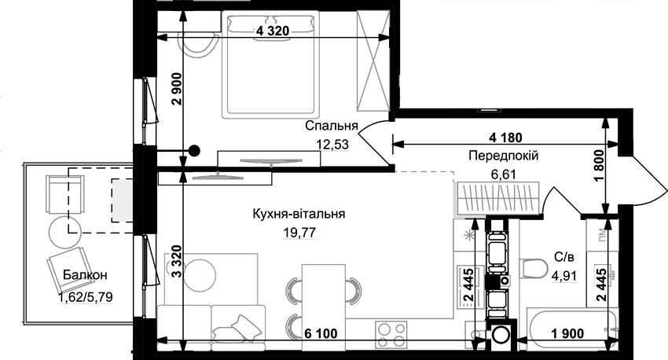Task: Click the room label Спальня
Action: click(332, 126)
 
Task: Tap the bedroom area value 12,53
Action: click(332, 145)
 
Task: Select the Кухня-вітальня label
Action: click(299, 214)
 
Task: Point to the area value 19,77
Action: click(300, 232)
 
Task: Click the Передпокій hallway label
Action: click(504, 156)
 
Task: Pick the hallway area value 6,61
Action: click(504, 174)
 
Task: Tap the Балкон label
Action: click(85, 275)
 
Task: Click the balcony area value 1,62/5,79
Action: click(86, 296)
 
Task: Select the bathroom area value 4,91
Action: click(564, 276)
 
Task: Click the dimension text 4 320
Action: click(272, 31)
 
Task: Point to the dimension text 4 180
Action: click(505, 138)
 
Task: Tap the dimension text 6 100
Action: click(321, 333)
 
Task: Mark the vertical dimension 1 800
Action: click(600, 167)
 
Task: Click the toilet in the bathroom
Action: click(534, 268)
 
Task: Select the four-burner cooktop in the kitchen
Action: click(391, 334)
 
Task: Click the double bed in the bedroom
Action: click(271, 64)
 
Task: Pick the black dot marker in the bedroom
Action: click(194, 150)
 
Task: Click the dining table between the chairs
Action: click(324, 302)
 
